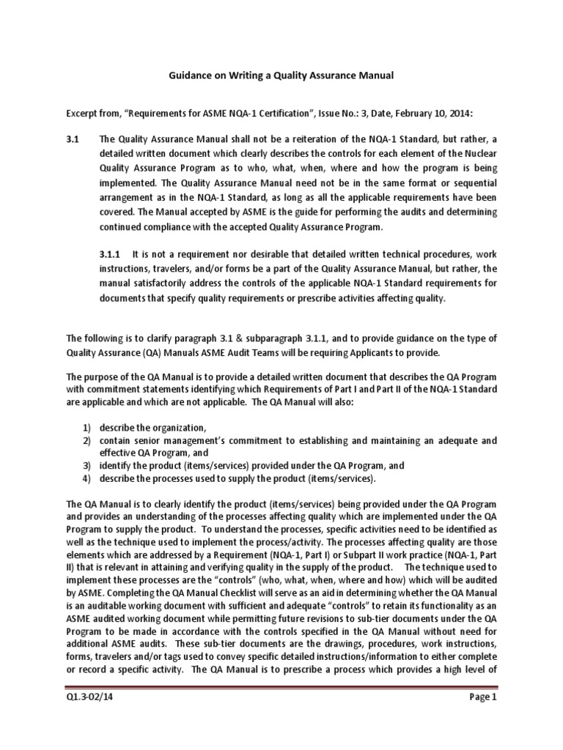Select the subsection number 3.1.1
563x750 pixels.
(x=110, y=253)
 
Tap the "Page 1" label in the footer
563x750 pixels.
(x=483, y=719)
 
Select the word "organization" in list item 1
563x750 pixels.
(x=179, y=428)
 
